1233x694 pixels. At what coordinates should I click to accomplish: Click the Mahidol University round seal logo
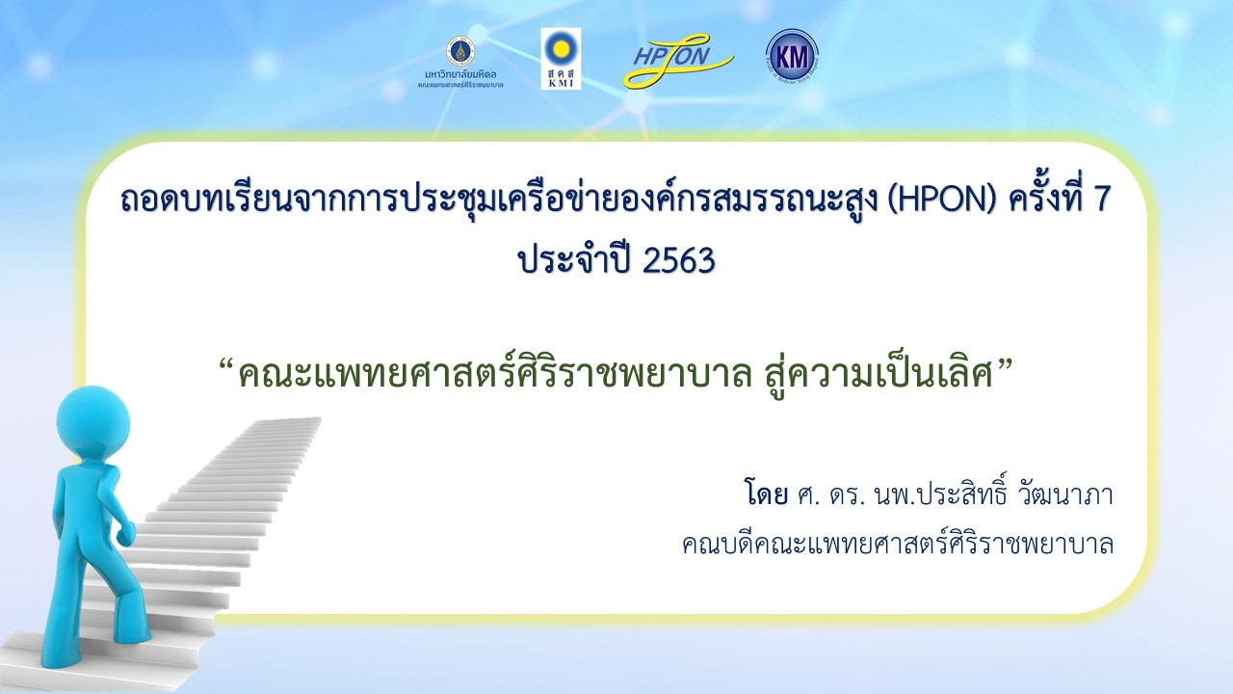pos(460,51)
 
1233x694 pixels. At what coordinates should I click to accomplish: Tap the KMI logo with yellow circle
pos(561,59)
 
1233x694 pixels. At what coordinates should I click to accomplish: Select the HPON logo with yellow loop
pos(678,61)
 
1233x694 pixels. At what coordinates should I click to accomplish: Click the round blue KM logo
pos(792,56)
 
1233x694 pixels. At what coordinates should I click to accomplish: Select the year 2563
pos(678,260)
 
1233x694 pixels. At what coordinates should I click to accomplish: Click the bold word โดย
pos(766,493)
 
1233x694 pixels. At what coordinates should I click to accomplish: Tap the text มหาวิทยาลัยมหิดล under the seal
pos(460,74)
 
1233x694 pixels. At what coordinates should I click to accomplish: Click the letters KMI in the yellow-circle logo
pos(561,84)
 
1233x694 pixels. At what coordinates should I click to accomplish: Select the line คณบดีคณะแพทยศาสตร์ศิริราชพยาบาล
pos(898,545)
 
